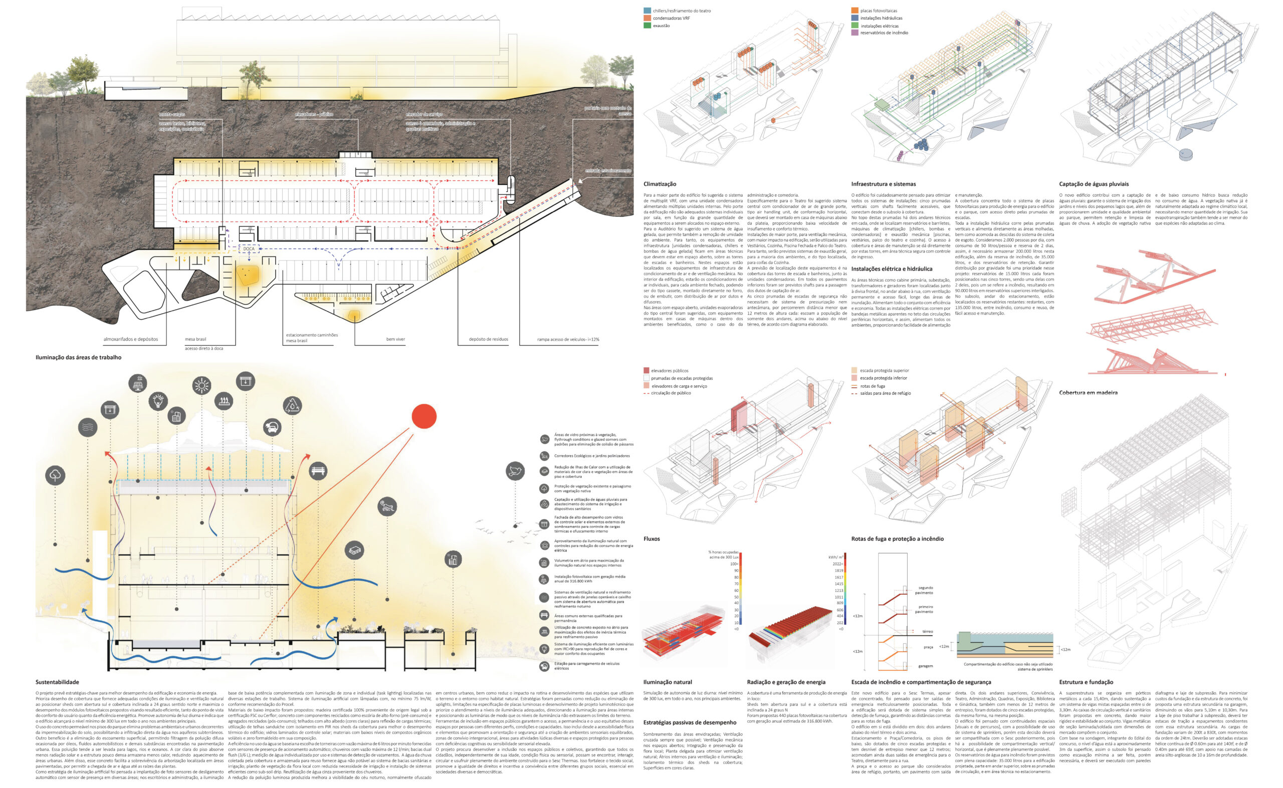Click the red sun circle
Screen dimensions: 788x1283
pos(424,416)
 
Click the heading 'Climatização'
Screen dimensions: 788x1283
pos(660,184)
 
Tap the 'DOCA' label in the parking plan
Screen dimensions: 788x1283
pos(249,248)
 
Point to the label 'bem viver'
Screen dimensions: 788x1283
pos(395,339)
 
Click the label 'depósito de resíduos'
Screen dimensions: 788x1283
pos(488,339)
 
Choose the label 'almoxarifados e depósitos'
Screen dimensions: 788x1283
pos(130,339)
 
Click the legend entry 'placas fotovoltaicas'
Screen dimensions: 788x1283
pos(879,11)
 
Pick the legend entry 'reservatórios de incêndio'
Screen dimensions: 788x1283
pos(884,33)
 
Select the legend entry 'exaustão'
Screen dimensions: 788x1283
pos(661,26)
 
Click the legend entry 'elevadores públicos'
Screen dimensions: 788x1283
pos(670,371)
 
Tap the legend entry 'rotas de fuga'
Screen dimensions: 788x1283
pos(872,386)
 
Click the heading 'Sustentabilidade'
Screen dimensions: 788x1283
pos(57,682)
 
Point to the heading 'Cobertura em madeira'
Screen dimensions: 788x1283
pos(1088,393)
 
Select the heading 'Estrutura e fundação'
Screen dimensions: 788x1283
pos(1086,682)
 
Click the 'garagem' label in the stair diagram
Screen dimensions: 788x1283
pos(925,666)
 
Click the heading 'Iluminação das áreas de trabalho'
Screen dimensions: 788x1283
pos(78,358)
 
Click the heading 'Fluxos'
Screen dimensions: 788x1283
pos(651,539)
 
